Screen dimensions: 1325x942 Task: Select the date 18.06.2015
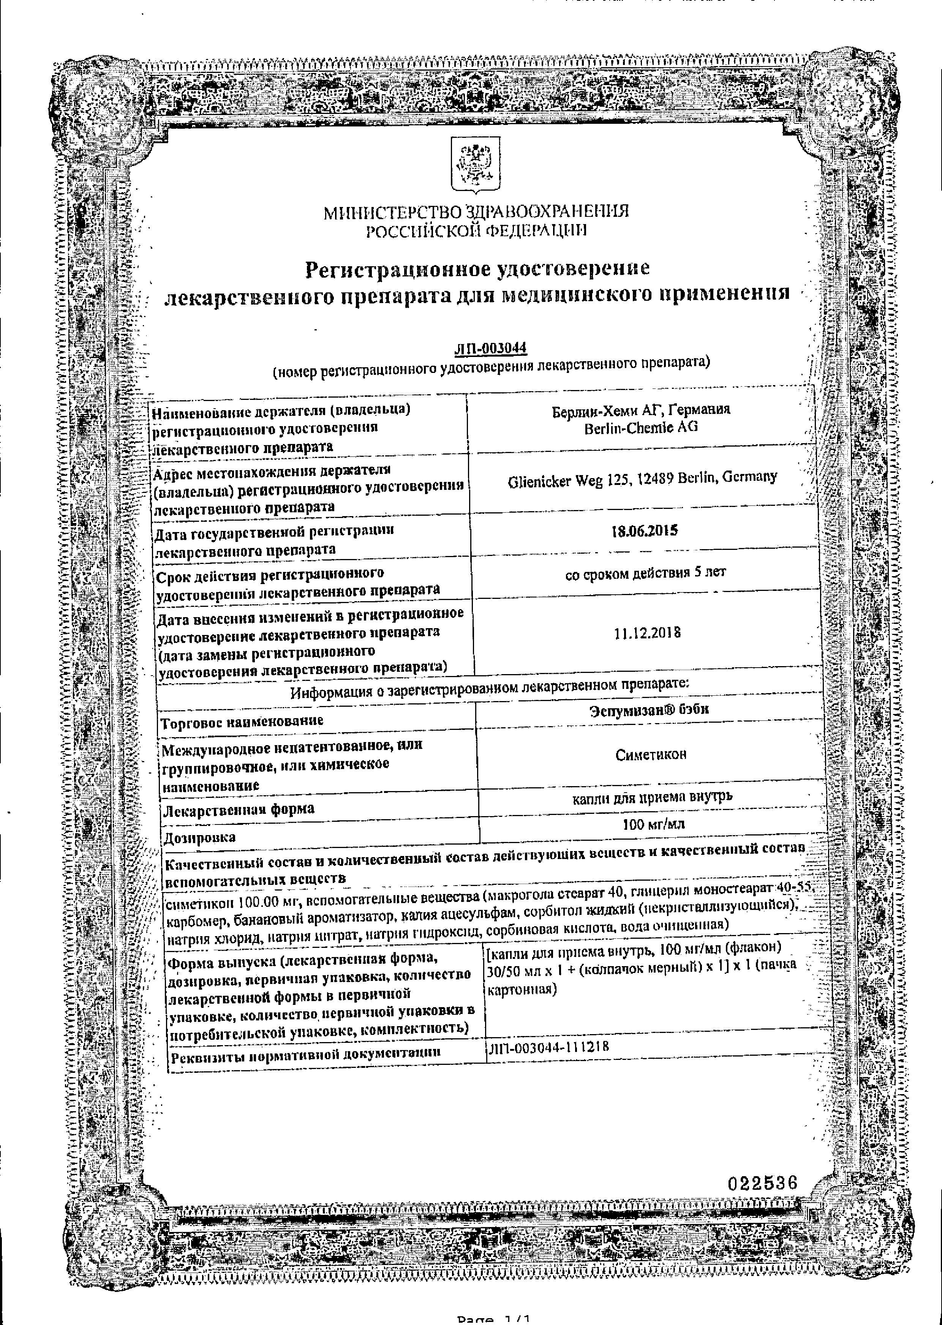pyautogui.click(x=645, y=531)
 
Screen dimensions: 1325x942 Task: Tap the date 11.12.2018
pyautogui.click(x=647, y=633)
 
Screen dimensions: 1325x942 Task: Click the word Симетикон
pyautogui.click(x=651, y=755)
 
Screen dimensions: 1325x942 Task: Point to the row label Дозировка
pyautogui.click(x=199, y=837)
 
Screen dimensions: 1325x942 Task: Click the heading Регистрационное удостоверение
pyautogui.click(x=477, y=268)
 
